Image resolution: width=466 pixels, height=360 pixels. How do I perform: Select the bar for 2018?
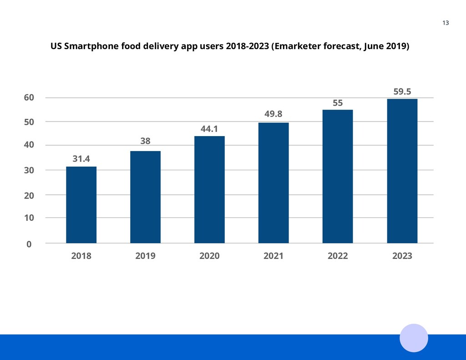81,205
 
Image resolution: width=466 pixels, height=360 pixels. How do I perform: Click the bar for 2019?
145,197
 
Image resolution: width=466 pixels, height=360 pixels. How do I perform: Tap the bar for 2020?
209,189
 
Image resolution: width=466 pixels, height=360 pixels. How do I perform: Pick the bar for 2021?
274,183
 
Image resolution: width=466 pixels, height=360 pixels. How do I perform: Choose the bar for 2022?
338,176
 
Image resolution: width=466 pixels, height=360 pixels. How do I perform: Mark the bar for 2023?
402,171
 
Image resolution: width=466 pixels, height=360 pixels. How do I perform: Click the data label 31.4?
81,159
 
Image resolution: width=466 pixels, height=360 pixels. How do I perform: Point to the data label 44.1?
209,129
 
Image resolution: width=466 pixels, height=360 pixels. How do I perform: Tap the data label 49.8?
274,114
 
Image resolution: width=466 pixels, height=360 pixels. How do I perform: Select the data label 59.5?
402,91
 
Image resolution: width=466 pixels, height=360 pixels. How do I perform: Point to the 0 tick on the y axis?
29,244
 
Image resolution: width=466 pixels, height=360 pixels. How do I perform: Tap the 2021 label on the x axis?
274,256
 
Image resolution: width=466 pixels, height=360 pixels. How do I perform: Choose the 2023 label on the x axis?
402,256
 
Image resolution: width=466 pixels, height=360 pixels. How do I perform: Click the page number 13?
446,23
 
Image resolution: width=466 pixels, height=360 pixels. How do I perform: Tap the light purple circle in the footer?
414,338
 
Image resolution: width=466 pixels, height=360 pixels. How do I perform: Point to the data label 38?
145,141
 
